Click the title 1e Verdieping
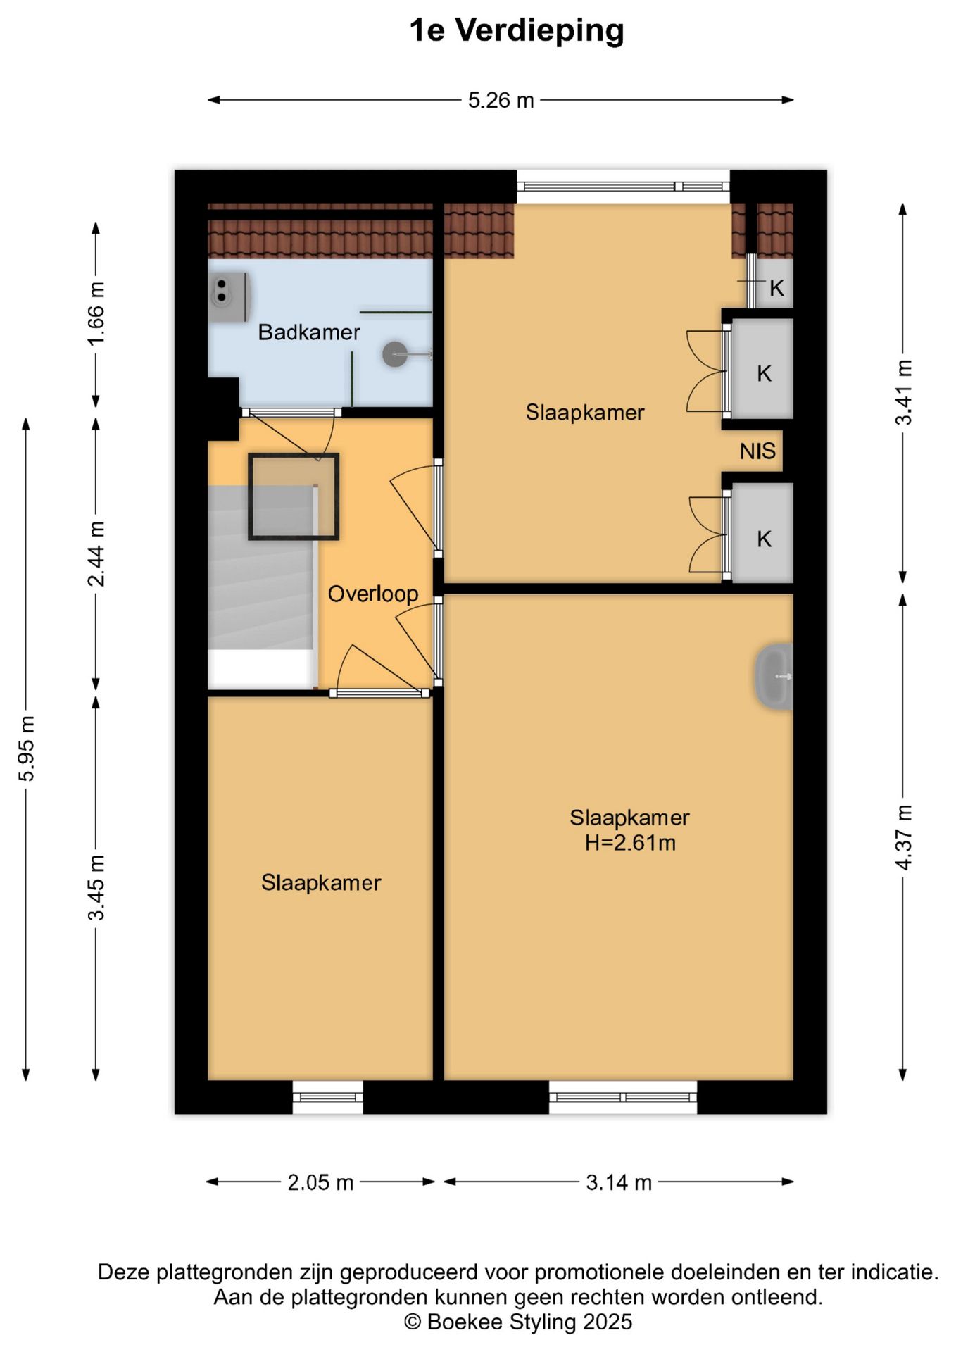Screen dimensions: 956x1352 pyautogui.click(x=517, y=30)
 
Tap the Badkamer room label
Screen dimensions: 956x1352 pyautogui.click(x=309, y=332)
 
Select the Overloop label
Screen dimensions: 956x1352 pyautogui.click(x=373, y=594)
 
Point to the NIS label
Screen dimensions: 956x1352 pyautogui.click(x=757, y=451)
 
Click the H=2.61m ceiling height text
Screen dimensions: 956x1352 pyautogui.click(x=630, y=843)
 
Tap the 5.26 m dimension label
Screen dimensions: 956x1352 pyautogui.click(x=501, y=101)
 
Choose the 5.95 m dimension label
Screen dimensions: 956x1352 pyautogui.click(x=27, y=749)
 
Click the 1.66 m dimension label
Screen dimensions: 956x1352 pyautogui.click(x=96, y=313)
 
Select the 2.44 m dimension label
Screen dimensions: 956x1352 pyautogui.click(x=96, y=554)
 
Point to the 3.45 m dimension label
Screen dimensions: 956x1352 pyautogui.click(x=96, y=887)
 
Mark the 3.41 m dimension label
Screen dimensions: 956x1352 pyautogui.click(x=904, y=392)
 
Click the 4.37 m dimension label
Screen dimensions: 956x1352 pyautogui.click(x=904, y=837)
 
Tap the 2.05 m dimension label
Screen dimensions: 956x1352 pyautogui.click(x=320, y=1182)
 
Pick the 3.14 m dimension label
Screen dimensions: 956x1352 pyautogui.click(x=619, y=1182)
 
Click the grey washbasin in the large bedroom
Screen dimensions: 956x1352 pyautogui.click(x=774, y=676)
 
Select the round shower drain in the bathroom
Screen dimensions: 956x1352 pyautogui.click(x=395, y=354)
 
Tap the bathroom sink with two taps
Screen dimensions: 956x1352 pyautogui.click(x=230, y=297)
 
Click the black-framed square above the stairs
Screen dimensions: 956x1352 pyautogui.click(x=294, y=496)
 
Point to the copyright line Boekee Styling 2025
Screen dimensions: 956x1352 pyautogui.click(x=518, y=1322)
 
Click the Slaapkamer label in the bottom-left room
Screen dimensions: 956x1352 pyautogui.click(x=321, y=883)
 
